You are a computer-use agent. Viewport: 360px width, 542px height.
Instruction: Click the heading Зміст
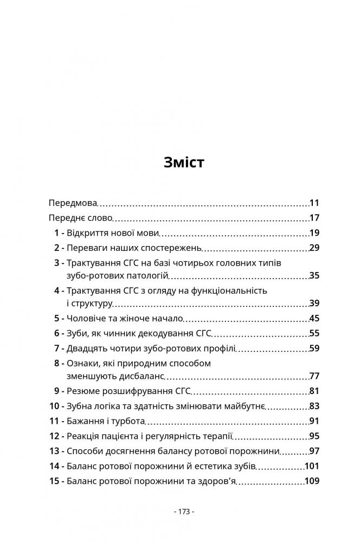184,162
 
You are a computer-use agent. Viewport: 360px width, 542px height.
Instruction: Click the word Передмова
72,204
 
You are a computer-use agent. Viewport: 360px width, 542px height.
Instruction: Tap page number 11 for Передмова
314,204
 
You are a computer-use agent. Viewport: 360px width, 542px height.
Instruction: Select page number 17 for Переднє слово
314,218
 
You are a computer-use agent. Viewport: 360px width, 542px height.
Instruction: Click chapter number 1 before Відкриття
56,233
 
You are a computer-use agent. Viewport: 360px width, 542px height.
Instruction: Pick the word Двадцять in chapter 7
88,347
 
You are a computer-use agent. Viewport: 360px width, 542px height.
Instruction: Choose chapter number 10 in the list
54,406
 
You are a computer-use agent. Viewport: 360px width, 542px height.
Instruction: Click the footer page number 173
184,511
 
